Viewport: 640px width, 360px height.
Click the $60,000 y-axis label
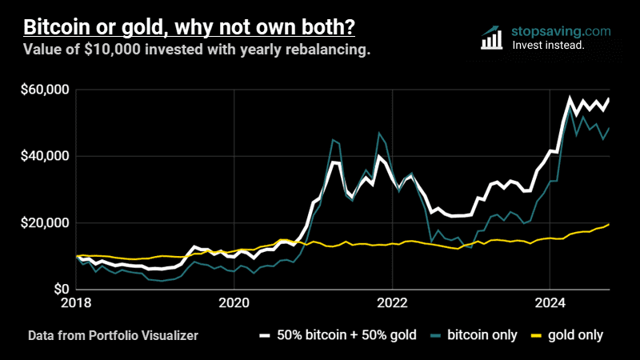(x=44, y=90)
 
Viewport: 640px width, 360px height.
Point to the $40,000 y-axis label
(x=44, y=156)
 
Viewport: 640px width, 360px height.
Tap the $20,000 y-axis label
(x=44, y=222)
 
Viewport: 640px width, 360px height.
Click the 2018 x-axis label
(x=78, y=303)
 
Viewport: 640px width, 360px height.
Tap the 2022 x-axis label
(x=391, y=303)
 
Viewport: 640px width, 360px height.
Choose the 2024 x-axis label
(x=549, y=303)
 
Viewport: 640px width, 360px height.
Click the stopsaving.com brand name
(x=561, y=31)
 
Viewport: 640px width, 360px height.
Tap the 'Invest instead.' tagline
(x=548, y=46)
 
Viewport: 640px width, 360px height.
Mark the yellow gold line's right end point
(x=610, y=224)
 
